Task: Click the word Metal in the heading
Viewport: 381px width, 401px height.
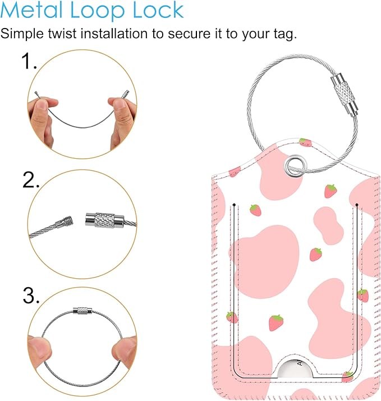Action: click(x=31, y=10)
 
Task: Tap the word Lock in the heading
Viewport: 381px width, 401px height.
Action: click(x=158, y=10)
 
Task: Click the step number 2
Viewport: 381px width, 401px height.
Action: click(x=31, y=180)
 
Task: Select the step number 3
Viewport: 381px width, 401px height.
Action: click(x=31, y=296)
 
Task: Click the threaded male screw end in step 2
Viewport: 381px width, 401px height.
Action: click(x=65, y=222)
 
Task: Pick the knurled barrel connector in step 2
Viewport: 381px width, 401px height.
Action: click(x=105, y=220)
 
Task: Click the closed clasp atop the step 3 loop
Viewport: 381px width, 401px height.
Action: click(x=82, y=311)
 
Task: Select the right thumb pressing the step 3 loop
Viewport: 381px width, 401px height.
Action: click(x=125, y=349)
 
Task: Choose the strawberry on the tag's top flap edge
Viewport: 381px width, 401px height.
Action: click(x=305, y=142)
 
